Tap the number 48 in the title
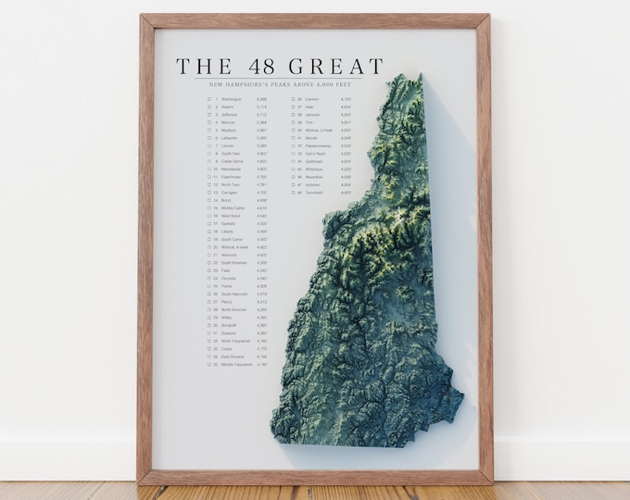pos(256,67)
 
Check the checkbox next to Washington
pos(210,98)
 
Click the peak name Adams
pos(227,106)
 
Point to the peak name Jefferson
pos(230,114)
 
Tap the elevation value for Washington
pos(262,98)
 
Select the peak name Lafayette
pos(231,138)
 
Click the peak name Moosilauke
pos(233,169)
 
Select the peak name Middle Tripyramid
pos(236,365)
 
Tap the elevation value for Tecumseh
pos(346,193)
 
